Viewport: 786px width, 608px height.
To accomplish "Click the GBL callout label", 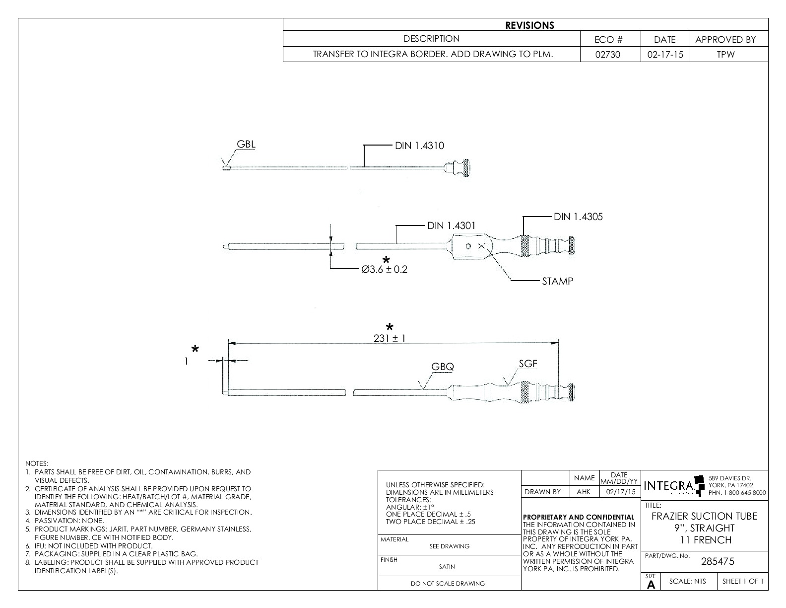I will [x=246, y=145].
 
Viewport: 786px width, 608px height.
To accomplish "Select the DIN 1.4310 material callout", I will [x=419, y=146].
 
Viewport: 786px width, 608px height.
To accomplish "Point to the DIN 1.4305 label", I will [x=578, y=217].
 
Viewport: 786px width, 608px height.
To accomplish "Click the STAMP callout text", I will [x=557, y=281].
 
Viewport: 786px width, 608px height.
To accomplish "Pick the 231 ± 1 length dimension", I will [x=390, y=338].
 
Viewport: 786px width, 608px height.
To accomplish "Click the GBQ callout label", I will [x=442, y=367].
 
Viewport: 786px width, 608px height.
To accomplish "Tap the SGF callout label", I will [x=528, y=364].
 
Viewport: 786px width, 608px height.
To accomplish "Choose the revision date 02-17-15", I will [x=664, y=55].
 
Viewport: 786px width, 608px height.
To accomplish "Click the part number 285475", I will [x=717, y=562].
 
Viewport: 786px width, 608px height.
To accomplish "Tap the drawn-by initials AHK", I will [x=584, y=492].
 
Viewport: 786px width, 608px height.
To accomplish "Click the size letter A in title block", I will [x=651, y=585].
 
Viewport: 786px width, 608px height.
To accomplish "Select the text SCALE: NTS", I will [x=687, y=581].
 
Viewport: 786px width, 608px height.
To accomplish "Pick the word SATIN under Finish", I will [x=447, y=566].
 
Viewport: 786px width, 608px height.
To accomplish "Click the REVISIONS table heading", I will [x=529, y=25].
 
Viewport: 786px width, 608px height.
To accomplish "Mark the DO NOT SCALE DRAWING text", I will [x=448, y=584].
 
